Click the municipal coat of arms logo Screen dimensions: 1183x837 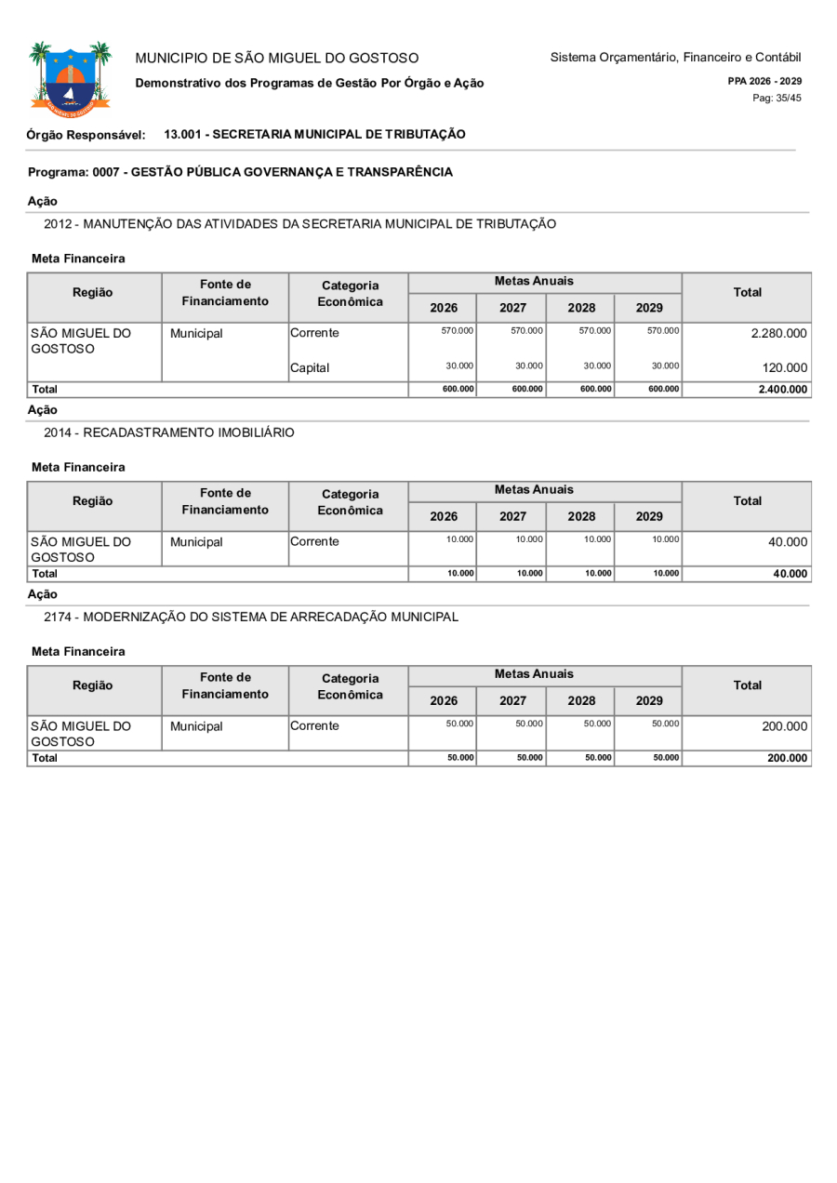[x=70, y=79]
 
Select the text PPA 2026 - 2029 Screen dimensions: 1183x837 [x=764, y=81]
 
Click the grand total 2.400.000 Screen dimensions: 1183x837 [x=781, y=390]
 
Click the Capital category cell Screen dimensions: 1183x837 [x=312, y=368]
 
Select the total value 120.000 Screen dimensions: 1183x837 [x=785, y=368]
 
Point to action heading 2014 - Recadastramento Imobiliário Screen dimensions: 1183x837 [x=169, y=432]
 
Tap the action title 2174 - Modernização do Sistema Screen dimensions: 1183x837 [x=251, y=617]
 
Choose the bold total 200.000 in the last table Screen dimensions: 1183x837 [x=786, y=758]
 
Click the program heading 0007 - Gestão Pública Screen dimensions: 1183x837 [x=240, y=172]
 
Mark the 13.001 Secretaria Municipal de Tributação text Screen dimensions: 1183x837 [x=314, y=135]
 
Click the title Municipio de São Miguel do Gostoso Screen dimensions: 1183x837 [x=277, y=59]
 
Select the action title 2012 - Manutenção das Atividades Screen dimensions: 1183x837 [x=299, y=224]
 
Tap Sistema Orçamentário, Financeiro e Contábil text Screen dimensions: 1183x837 [x=675, y=58]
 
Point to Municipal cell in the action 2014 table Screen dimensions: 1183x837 [x=197, y=540]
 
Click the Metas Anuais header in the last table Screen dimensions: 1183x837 [x=534, y=673]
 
